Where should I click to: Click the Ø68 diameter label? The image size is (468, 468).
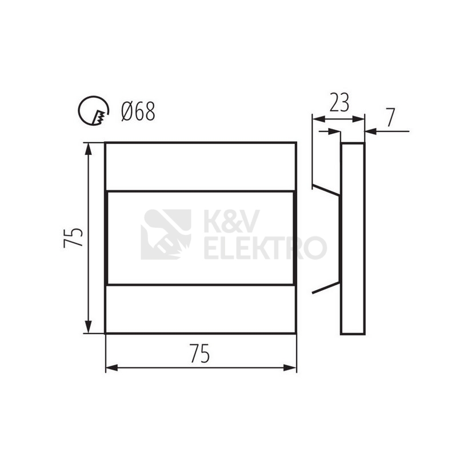pyautogui.click(x=138, y=111)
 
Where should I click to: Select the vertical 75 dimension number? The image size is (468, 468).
pyautogui.click(x=73, y=238)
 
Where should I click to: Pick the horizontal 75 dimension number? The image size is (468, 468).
pyautogui.click(x=199, y=353)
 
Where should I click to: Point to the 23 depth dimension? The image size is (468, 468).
pyautogui.click(x=339, y=102)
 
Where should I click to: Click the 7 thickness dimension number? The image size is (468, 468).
pyautogui.click(x=390, y=117)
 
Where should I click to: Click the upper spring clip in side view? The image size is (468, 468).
pyautogui.click(x=326, y=191)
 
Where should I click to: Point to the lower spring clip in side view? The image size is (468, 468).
pyautogui.click(x=326, y=287)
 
